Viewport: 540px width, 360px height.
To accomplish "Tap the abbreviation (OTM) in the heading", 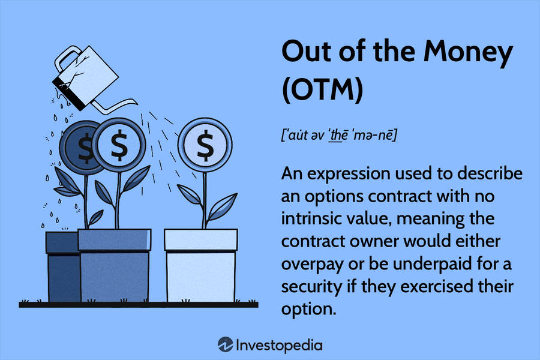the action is pos(323,89).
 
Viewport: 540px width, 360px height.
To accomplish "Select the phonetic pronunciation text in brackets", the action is pos(339,134).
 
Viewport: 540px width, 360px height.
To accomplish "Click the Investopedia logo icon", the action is pos(225,344).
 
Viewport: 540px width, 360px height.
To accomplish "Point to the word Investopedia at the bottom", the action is pos(279,345).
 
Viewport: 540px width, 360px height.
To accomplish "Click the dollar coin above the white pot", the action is pos(205,145).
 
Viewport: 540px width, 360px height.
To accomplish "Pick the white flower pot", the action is pos(201,265).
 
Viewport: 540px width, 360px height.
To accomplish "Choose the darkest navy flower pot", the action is pos(64,266).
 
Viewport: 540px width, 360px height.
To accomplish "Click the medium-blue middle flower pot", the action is pos(115,265).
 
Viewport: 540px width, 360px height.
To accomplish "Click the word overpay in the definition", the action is pos(312,265).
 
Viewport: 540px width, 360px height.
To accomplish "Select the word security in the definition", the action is pos(311,287).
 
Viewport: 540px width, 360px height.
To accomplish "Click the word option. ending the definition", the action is pos(308,309).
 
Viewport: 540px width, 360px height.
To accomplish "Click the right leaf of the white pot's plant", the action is pos(223,206).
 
